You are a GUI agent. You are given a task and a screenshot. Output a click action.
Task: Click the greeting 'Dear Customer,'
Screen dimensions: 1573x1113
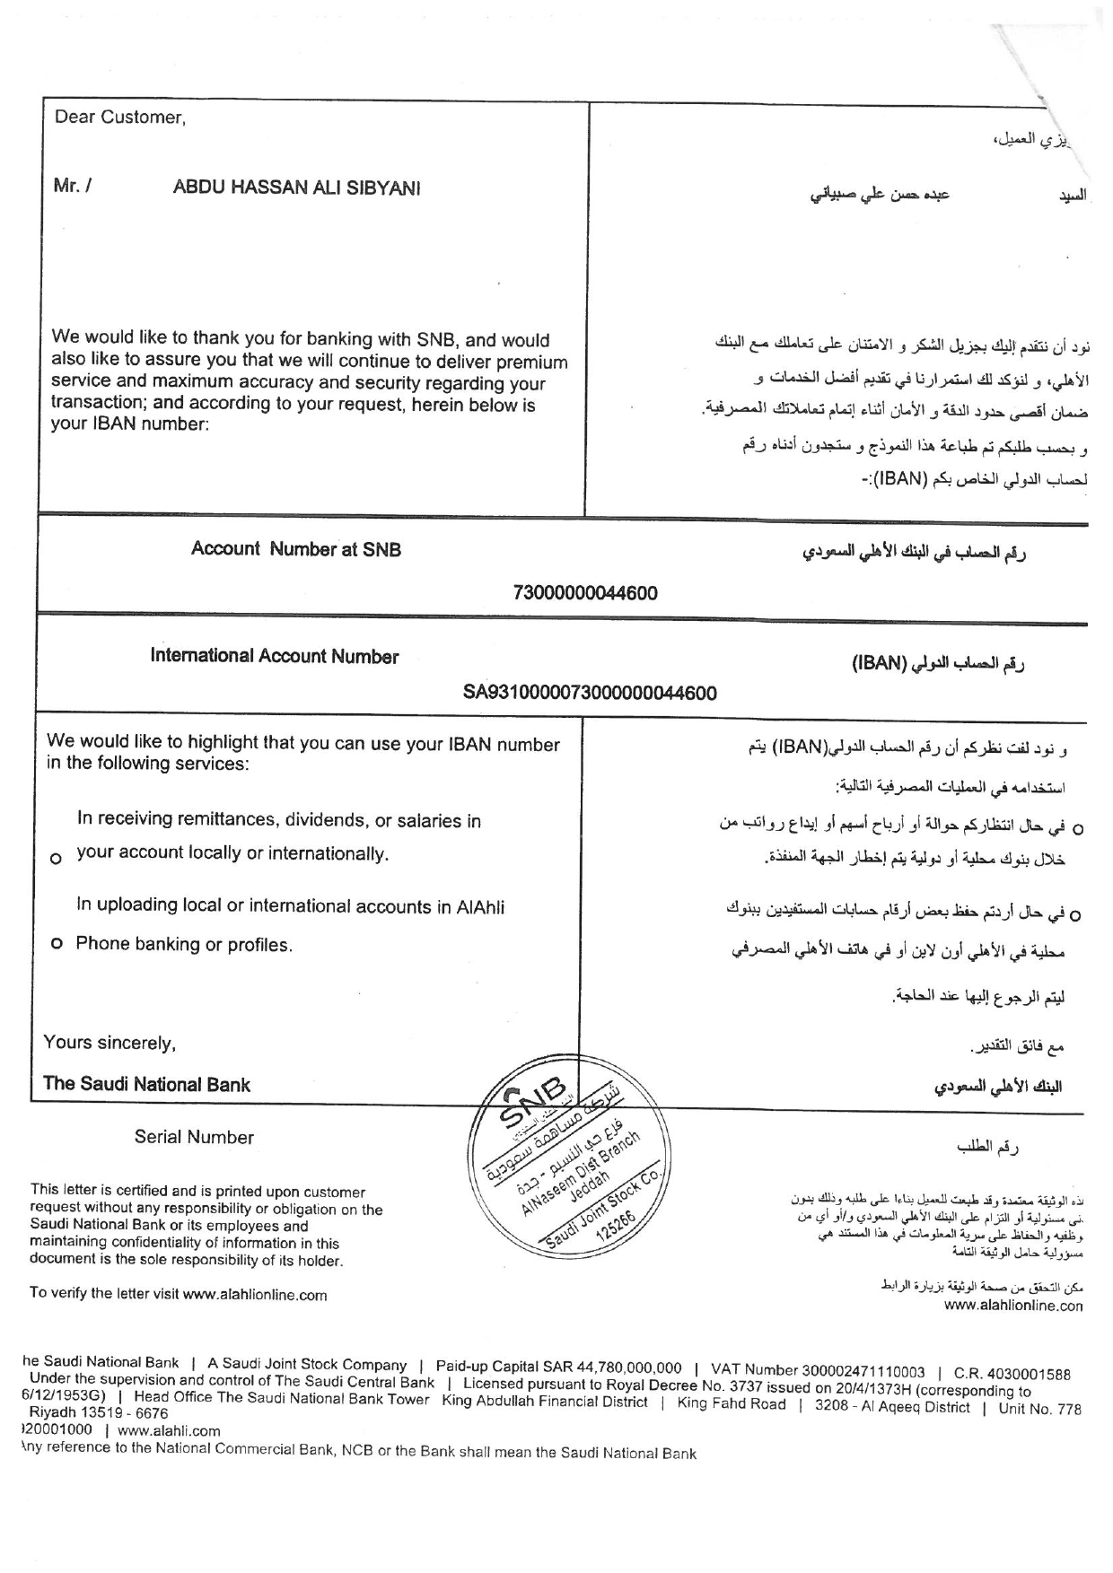(x=120, y=117)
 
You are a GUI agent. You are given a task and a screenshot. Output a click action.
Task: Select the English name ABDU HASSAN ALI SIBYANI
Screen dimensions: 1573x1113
(x=296, y=188)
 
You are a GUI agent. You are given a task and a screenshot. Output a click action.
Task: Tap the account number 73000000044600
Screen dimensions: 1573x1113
(x=584, y=593)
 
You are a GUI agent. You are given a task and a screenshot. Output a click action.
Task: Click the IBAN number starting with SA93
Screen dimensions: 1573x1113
(x=590, y=693)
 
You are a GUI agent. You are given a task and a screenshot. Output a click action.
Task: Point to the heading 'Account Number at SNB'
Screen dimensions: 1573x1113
(x=295, y=549)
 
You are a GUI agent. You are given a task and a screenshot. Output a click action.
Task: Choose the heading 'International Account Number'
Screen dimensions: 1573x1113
(x=275, y=657)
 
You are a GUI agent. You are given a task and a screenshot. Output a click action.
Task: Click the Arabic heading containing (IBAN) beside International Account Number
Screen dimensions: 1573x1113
(x=938, y=664)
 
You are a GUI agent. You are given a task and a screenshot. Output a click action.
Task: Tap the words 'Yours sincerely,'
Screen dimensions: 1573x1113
(x=110, y=1043)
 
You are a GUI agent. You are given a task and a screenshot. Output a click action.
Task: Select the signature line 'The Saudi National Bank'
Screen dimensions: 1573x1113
(x=147, y=1084)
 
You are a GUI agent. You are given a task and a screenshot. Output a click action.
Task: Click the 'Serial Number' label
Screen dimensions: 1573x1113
(x=194, y=1138)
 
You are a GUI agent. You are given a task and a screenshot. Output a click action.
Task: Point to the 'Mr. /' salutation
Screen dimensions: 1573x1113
(x=73, y=188)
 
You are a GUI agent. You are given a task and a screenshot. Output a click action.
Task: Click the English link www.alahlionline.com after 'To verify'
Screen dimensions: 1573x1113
(x=254, y=1295)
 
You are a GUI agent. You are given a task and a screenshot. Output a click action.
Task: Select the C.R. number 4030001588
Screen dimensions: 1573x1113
(x=1025, y=1373)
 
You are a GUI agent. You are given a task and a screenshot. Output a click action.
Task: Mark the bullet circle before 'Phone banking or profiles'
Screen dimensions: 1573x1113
(x=56, y=945)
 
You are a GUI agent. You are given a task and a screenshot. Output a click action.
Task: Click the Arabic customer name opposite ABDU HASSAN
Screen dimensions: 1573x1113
(x=889, y=193)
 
